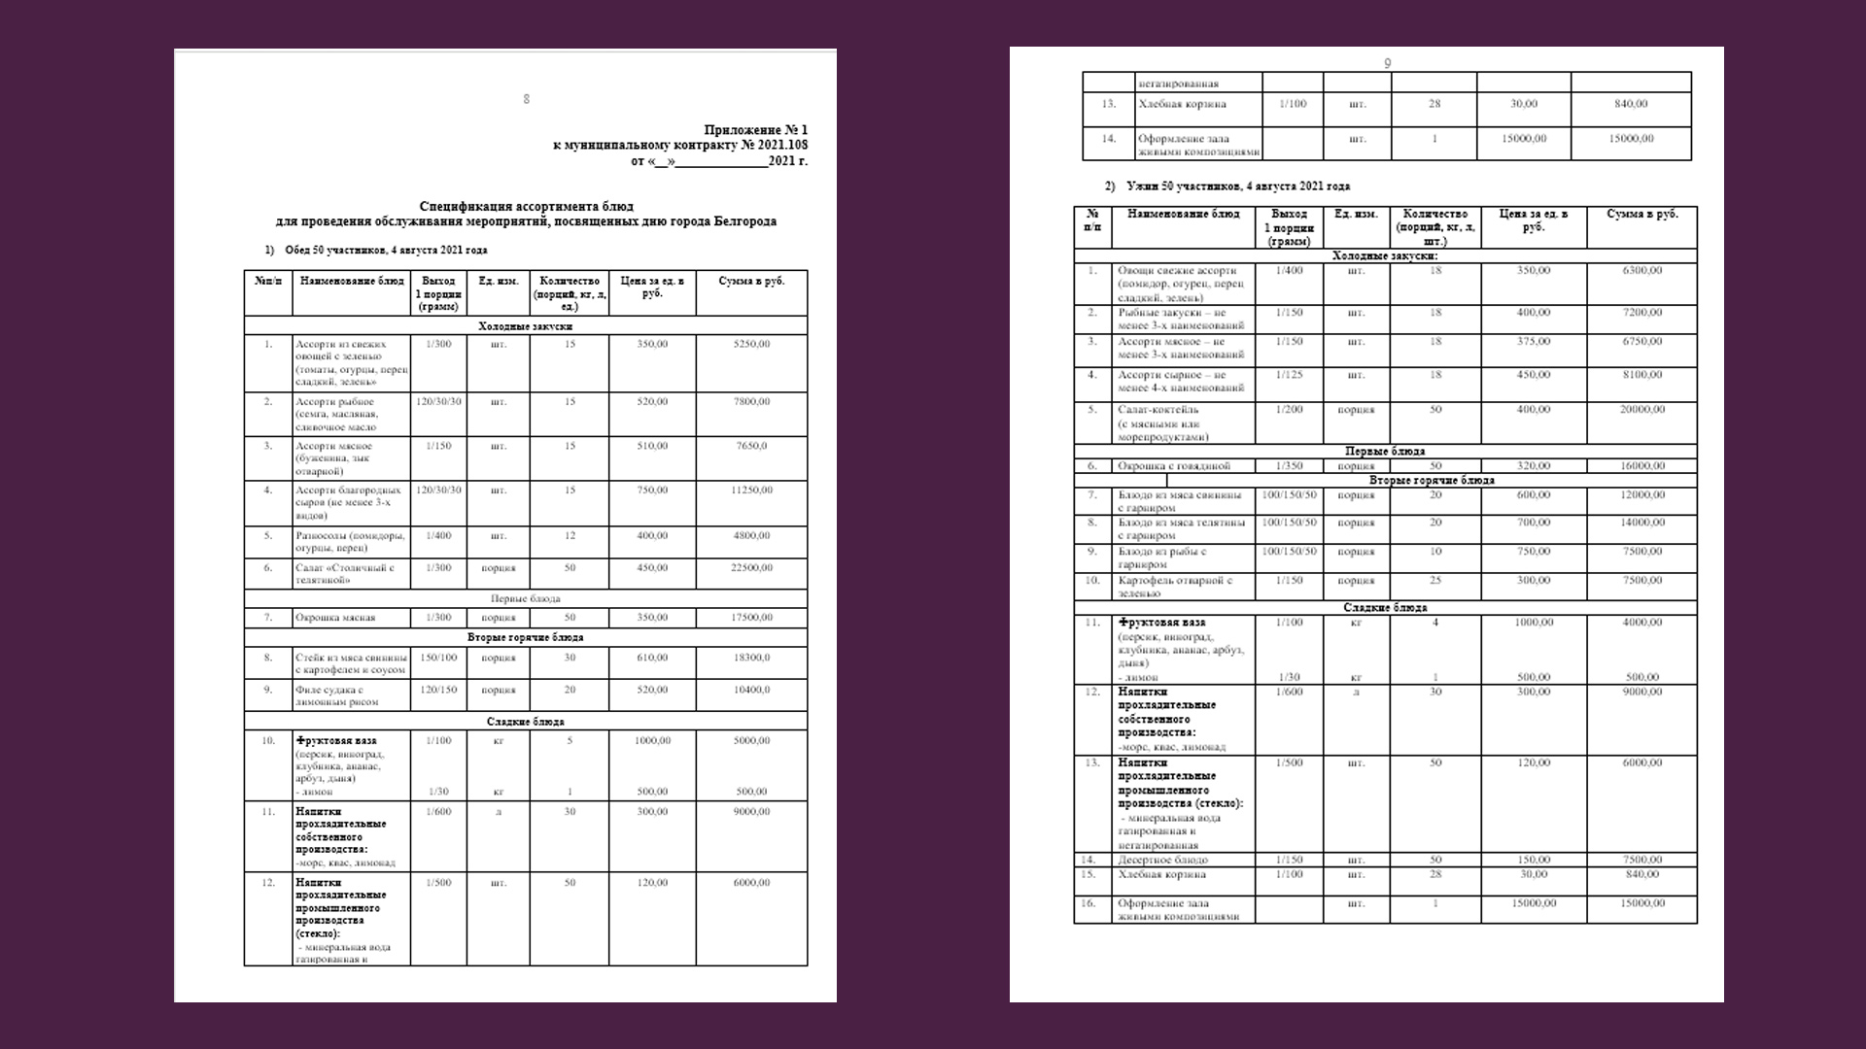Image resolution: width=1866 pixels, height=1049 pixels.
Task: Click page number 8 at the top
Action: [x=527, y=99]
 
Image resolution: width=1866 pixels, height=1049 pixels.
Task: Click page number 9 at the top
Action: [x=1388, y=64]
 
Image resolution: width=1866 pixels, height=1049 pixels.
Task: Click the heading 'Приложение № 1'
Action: [x=755, y=130]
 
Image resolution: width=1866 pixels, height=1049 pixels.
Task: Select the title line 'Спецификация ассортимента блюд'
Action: [x=526, y=207]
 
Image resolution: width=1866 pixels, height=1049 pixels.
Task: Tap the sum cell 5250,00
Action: [x=751, y=344]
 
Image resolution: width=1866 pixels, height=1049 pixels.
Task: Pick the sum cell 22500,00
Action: [x=751, y=567]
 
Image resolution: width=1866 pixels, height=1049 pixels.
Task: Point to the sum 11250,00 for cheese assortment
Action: [x=751, y=491]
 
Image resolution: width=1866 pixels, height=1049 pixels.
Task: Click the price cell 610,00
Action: [x=652, y=658]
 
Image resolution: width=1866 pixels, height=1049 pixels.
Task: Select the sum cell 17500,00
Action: [x=751, y=618]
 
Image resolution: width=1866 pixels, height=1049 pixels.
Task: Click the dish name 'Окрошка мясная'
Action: [x=335, y=618]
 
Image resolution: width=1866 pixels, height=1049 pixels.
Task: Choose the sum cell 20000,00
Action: [x=1642, y=410]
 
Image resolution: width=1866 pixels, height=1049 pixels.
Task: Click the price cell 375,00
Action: [x=1534, y=342]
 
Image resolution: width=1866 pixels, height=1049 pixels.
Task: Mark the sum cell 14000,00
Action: [x=1642, y=523]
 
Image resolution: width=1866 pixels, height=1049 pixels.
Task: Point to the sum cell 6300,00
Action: [x=1642, y=271]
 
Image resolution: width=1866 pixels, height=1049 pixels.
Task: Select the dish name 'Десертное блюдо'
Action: [x=1163, y=861]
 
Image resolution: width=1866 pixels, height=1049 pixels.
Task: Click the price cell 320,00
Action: [x=1534, y=466]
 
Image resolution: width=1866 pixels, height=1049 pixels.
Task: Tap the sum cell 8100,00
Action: [x=1642, y=375]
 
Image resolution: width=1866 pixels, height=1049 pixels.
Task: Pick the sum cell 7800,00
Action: [x=751, y=402]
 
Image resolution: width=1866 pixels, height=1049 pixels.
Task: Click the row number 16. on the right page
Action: [x=1092, y=903]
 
